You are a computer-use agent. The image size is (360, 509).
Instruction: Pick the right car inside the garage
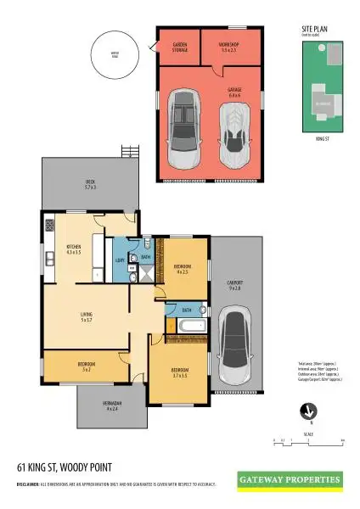(x=235, y=130)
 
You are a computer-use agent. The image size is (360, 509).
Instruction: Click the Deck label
(x=90, y=184)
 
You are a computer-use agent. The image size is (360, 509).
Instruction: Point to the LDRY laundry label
(x=120, y=260)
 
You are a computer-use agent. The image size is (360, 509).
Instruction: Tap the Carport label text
(x=235, y=285)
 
